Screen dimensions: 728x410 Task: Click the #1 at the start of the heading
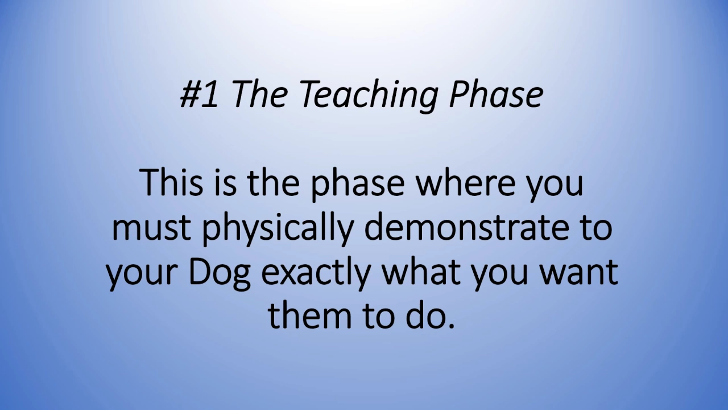(199, 95)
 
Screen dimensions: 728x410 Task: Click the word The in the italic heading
(260, 94)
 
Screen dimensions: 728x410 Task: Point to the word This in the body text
(172, 183)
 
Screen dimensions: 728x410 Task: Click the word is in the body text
(225, 183)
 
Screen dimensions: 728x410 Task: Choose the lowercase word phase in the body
(358, 186)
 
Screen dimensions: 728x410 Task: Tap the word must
(151, 228)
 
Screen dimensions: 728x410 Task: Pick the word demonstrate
(468, 227)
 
